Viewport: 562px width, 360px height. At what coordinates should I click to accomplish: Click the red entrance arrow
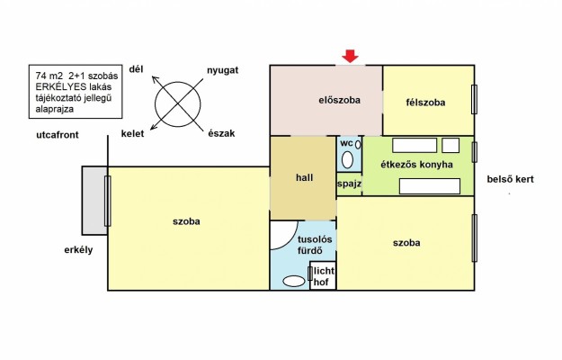pyautogui.click(x=350, y=57)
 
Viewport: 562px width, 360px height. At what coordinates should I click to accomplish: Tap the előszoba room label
pyautogui.click(x=339, y=100)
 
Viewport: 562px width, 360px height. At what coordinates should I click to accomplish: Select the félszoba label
pyautogui.click(x=425, y=103)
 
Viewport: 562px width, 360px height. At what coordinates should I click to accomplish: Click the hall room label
pyautogui.click(x=304, y=177)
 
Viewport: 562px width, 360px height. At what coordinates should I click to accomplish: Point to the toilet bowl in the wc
pyautogui.click(x=347, y=159)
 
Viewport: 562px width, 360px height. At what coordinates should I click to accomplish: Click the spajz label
pyautogui.click(x=349, y=184)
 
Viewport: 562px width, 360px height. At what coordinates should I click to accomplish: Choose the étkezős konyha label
pyautogui.click(x=416, y=165)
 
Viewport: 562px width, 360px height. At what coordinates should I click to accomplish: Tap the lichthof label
pyautogui.click(x=324, y=276)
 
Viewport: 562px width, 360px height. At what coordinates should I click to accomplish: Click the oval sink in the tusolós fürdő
pyautogui.click(x=293, y=281)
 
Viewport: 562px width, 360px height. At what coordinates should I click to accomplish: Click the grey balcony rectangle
pyautogui.click(x=94, y=201)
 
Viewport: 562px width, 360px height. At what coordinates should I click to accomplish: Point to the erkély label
pyautogui.click(x=78, y=250)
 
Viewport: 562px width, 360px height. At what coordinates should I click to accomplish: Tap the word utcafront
pyautogui.click(x=58, y=135)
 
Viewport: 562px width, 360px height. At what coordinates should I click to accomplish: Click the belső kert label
pyautogui.click(x=510, y=179)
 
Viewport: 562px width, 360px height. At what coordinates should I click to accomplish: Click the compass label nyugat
pyautogui.click(x=223, y=70)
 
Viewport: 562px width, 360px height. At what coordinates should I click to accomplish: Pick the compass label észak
pyautogui.click(x=221, y=133)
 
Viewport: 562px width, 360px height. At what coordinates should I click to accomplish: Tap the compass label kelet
pyautogui.click(x=132, y=134)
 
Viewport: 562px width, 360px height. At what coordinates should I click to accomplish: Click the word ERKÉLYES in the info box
pyautogui.click(x=61, y=86)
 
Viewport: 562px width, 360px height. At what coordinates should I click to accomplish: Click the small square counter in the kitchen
pyautogui.click(x=450, y=146)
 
